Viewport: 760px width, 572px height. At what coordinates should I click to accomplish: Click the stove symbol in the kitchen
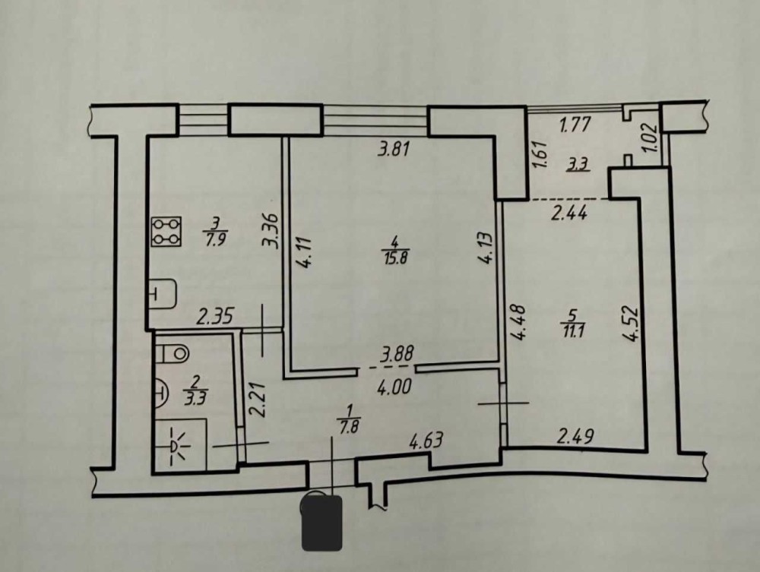[167, 232]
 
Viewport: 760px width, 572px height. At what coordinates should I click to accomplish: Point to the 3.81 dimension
[394, 150]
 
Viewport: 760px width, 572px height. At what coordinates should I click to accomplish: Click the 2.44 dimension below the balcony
[570, 215]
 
